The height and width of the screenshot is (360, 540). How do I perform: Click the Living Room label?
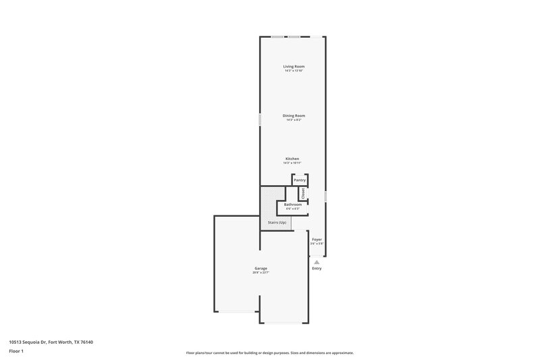[294, 66]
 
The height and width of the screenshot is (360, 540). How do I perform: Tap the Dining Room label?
[294, 115]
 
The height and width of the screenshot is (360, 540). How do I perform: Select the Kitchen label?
[292, 159]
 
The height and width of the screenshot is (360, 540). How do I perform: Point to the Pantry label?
[300, 180]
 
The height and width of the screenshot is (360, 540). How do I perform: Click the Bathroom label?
[292, 204]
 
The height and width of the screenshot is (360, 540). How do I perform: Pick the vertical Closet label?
[304, 193]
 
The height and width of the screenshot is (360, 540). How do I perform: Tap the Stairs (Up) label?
[277, 222]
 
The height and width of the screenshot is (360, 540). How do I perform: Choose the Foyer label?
[317, 240]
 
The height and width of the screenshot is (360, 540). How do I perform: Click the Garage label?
[261, 268]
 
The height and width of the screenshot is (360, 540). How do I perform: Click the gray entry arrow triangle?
[317, 261]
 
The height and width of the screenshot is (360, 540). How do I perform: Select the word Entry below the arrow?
[317, 269]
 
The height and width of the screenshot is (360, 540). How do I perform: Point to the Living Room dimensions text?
[294, 71]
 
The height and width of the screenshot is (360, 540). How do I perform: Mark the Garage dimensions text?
[261, 273]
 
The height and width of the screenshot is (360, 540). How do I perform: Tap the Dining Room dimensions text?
[294, 120]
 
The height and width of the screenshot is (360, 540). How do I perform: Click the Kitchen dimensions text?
[292, 163]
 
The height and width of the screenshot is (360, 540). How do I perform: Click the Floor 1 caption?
[17, 352]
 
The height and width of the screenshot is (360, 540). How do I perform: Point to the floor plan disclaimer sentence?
[269, 353]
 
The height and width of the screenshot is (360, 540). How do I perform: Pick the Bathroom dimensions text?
[292, 209]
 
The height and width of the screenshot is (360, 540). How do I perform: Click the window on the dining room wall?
[261, 119]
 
